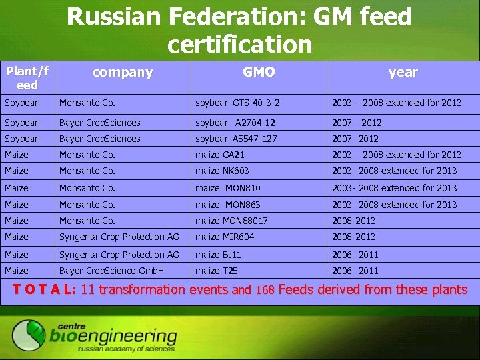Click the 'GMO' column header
coord(259,72)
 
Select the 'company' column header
coord(122,73)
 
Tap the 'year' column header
coord(403,73)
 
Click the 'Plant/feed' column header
coord(27,77)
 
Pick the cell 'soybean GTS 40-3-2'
coord(237,103)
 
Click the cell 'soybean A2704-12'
coord(235,123)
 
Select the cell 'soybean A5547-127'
coord(236,139)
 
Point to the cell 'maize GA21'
coord(220,155)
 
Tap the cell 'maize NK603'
coord(222,171)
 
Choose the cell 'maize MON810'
coord(227,188)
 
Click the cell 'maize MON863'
coord(227,205)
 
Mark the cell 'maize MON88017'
coord(231,221)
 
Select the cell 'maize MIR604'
coord(225,237)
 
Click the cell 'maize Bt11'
coord(218,255)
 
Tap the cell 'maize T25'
coord(216,271)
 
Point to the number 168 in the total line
coord(265,290)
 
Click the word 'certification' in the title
coord(239,44)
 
